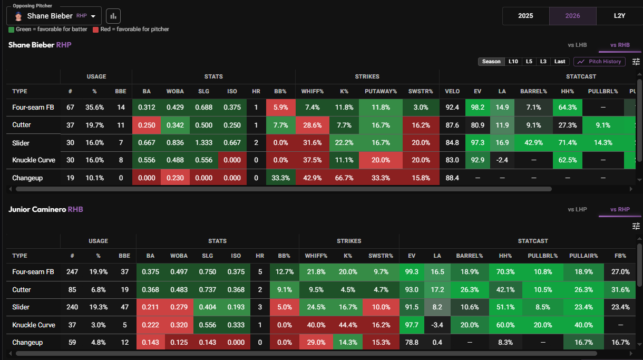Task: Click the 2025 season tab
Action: coord(525,16)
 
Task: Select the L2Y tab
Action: coord(619,16)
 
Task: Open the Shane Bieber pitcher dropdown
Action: coord(54,16)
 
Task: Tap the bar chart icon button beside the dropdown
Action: coord(113,16)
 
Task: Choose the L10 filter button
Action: coord(513,62)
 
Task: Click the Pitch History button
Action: coord(599,62)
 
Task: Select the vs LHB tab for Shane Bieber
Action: coord(577,45)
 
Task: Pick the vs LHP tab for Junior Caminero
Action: coord(577,210)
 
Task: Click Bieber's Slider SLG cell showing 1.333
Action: coord(203,143)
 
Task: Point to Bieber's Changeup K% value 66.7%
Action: coord(344,178)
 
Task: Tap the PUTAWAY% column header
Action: coord(381,91)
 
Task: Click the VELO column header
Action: coord(452,91)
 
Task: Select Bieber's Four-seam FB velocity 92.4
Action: coord(452,108)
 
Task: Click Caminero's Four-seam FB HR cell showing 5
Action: coord(260,272)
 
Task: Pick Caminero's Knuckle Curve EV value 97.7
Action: coord(412,325)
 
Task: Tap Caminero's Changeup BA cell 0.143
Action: coord(150,342)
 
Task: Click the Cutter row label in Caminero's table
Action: coord(22,290)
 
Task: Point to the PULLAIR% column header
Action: coord(583,256)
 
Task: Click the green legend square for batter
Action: coord(11,30)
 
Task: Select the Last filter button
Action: coord(560,62)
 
